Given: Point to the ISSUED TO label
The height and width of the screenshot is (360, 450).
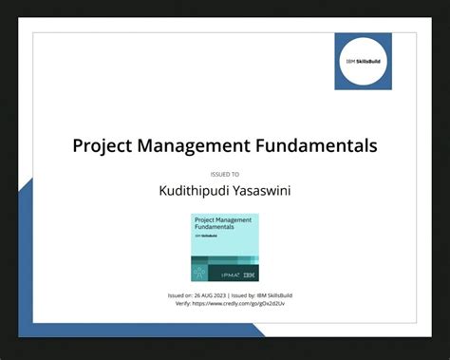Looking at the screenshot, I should (224, 175).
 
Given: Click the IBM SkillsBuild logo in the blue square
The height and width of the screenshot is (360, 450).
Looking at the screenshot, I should (363, 61).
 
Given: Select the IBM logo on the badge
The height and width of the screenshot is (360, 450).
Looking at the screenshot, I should (250, 275).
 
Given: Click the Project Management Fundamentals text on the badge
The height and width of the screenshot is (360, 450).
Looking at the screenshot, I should (217, 225).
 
